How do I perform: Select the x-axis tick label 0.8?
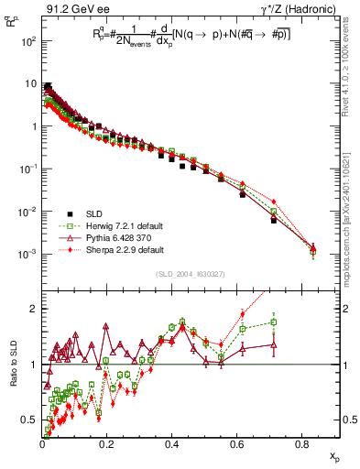[x=302, y=445]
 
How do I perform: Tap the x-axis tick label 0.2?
[x=107, y=445]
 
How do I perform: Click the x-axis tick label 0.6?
[x=237, y=445]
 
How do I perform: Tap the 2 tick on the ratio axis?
[x=34, y=309]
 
